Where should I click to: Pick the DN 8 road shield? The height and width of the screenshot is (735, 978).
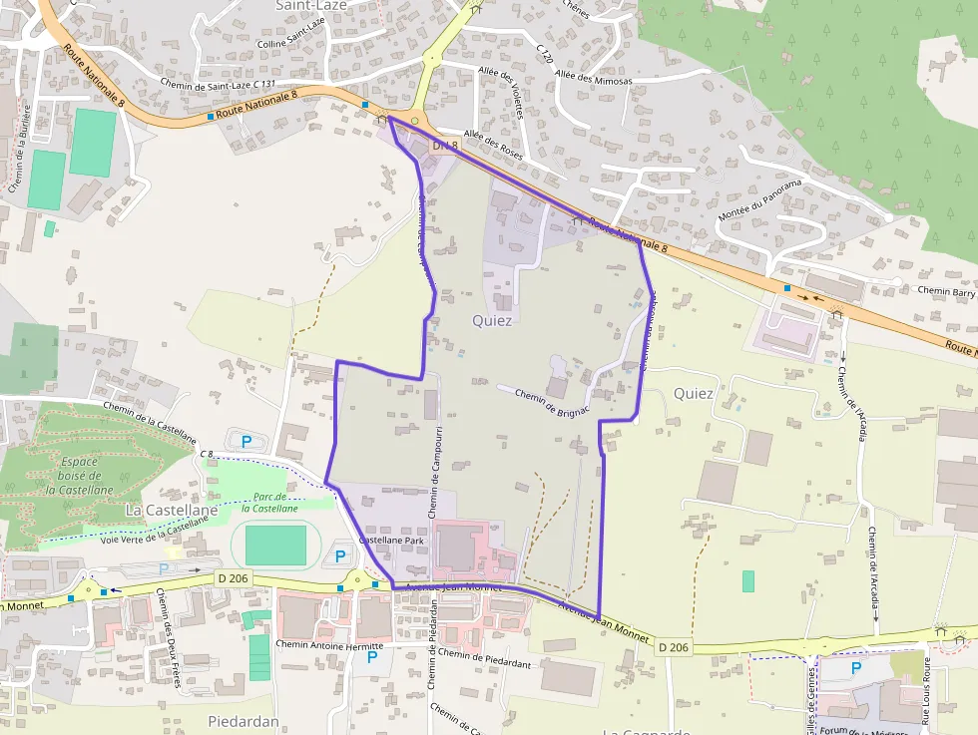(x=444, y=146)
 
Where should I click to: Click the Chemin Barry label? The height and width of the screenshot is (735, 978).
(x=945, y=291)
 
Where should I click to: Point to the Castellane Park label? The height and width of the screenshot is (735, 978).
(x=392, y=539)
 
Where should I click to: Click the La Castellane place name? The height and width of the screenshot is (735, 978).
(x=171, y=510)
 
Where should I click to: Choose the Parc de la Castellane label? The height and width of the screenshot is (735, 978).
(x=269, y=502)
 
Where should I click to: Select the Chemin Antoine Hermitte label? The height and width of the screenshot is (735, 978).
(x=329, y=646)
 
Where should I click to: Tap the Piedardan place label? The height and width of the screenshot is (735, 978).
(x=243, y=720)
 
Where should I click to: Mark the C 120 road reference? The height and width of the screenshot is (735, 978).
(x=544, y=55)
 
